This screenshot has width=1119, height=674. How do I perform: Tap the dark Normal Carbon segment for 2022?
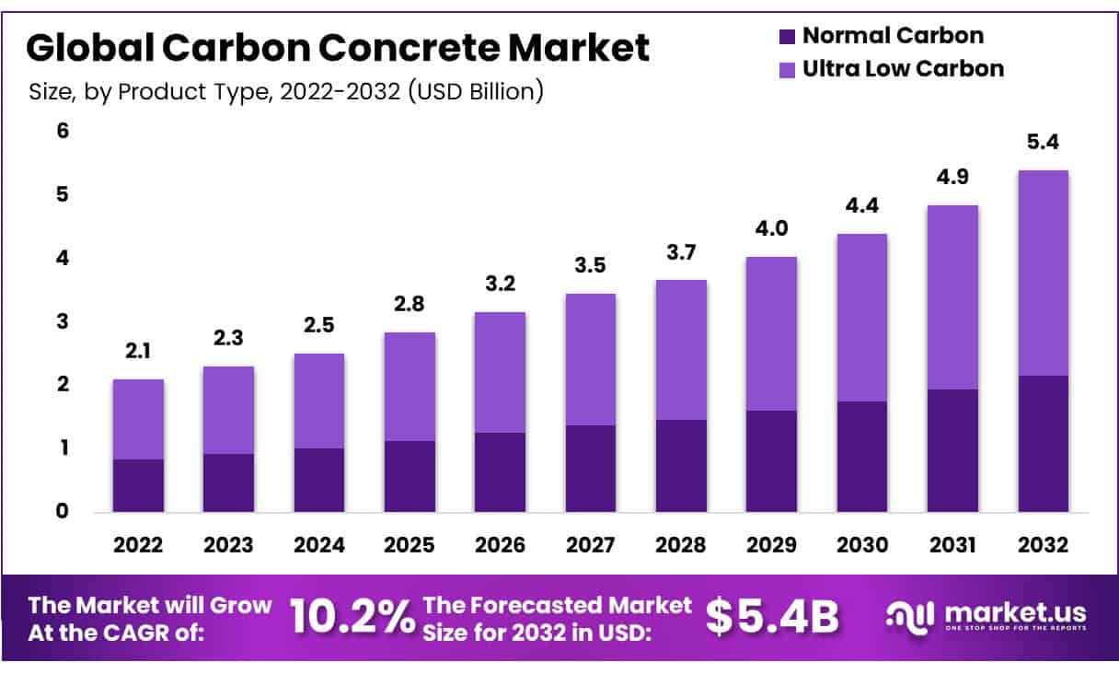pyautogui.click(x=138, y=485)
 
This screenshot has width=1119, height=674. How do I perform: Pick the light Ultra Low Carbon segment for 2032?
pyautogui.click(x=1043, y=273)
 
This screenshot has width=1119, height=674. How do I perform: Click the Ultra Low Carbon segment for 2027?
pyautogui.click(x=590, y=359)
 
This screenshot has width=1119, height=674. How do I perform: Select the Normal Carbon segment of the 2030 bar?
pyautogui.click(x=861, y=456)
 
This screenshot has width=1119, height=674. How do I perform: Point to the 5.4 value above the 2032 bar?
pyautogui.click(x=1043, y=144)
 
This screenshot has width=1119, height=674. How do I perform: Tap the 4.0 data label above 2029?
pyautogui.click(x=771, y=229)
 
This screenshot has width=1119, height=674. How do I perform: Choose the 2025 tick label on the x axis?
pyautogui.click(x=410, y=545)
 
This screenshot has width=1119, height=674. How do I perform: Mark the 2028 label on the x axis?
pyautogui.click(x=680, y=545)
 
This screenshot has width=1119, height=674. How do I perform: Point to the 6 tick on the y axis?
pyautogui.click(x=63, y=131)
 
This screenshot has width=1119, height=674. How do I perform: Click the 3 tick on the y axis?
pyautogui.click(x=63, y=321)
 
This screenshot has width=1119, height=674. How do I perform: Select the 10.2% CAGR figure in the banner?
pyautogui.click(x=352, y=618)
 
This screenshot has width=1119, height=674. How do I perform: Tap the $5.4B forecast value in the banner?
pyautogui.click(x=772, y=618)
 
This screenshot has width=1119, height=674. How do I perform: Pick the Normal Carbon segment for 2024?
pyautogui.click(x=318, y=480)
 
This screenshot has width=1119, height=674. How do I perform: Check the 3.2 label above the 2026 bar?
pyautogui.click(x=500, y=285)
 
